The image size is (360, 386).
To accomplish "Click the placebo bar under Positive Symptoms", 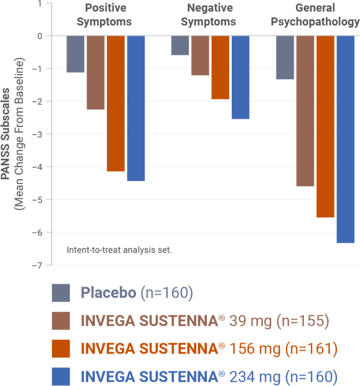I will (x=75, y=54).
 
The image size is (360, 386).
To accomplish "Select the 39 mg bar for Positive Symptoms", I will (x=96, y=72).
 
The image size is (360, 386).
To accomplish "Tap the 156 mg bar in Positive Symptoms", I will (x=116, y=103).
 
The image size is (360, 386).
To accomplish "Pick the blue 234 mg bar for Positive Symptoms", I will (x=136, y=108).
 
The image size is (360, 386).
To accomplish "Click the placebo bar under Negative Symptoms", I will (x=180, y=46).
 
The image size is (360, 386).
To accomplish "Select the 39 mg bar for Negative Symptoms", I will (x=200, y=55).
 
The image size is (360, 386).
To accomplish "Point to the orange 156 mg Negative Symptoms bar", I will (x=220, y=67).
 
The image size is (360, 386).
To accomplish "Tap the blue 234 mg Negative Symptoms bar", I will (x=240, y=77).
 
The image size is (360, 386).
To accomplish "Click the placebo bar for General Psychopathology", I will (x=285, y=57).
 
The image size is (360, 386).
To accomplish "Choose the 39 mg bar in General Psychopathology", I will (x=305, y=111).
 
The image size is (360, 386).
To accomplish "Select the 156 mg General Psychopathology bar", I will (x=325, y=127).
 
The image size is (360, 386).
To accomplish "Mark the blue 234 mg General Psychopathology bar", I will (x=345, y=139).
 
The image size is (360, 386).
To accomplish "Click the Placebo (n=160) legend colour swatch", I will (x=61, y=293).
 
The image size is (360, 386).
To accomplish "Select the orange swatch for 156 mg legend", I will (x=61, y=348).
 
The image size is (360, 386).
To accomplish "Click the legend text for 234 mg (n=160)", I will (x=209, y=376).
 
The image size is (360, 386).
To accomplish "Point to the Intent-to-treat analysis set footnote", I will (x=119, y=250).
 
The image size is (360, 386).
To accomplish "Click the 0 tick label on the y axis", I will (x=41, y=36).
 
